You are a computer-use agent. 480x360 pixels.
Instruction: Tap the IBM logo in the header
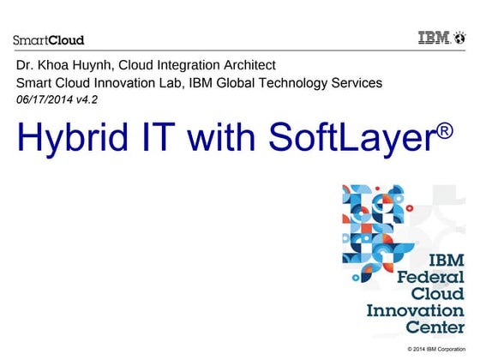[441, 39]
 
